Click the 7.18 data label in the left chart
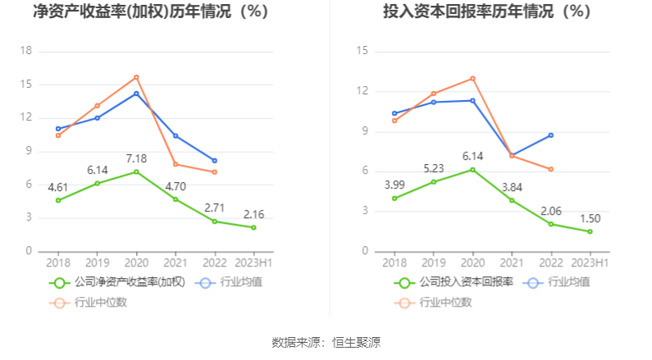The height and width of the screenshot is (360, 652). tap(136, 157)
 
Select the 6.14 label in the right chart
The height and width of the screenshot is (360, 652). tap(472, 155)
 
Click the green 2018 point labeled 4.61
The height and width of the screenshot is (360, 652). tap(58, 200)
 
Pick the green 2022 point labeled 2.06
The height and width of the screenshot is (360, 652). tap(551, 224)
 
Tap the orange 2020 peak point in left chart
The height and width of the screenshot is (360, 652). tap(136, 77)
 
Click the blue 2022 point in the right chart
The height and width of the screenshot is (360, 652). tap(551, 135)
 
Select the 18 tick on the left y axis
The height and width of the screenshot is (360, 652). tap(25, 51)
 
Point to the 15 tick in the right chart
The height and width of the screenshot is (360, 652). tap(362, 52)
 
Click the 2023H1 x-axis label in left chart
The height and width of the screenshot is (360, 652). tap(253, 262)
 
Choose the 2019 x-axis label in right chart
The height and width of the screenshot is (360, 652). tap(434, 262)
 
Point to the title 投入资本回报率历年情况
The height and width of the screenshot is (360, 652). tap(486, 12)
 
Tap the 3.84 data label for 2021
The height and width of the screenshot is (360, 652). tap(512, 186)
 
